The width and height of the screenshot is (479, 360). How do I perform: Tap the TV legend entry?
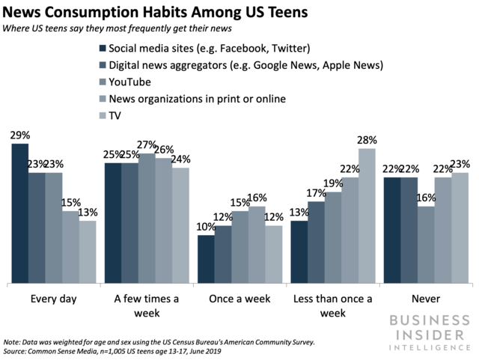[x=117, y=115]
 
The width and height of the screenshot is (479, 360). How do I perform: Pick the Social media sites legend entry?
[x=209, y=49]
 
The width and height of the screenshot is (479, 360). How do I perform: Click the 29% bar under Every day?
[x=19, y=213]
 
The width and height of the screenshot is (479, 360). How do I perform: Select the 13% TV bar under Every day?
[x=88, y=252]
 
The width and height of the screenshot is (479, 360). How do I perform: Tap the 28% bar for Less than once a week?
[x=367, y=216]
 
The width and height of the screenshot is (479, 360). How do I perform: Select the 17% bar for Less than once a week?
[x=316, y=242]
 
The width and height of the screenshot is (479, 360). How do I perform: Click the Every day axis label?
[x=53, y=299]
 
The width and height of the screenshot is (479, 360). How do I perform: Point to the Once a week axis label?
[x=239, y=299]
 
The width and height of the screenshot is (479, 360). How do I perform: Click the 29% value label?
[x=19, y=135]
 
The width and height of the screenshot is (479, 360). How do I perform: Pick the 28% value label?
[x=367, y=141]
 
